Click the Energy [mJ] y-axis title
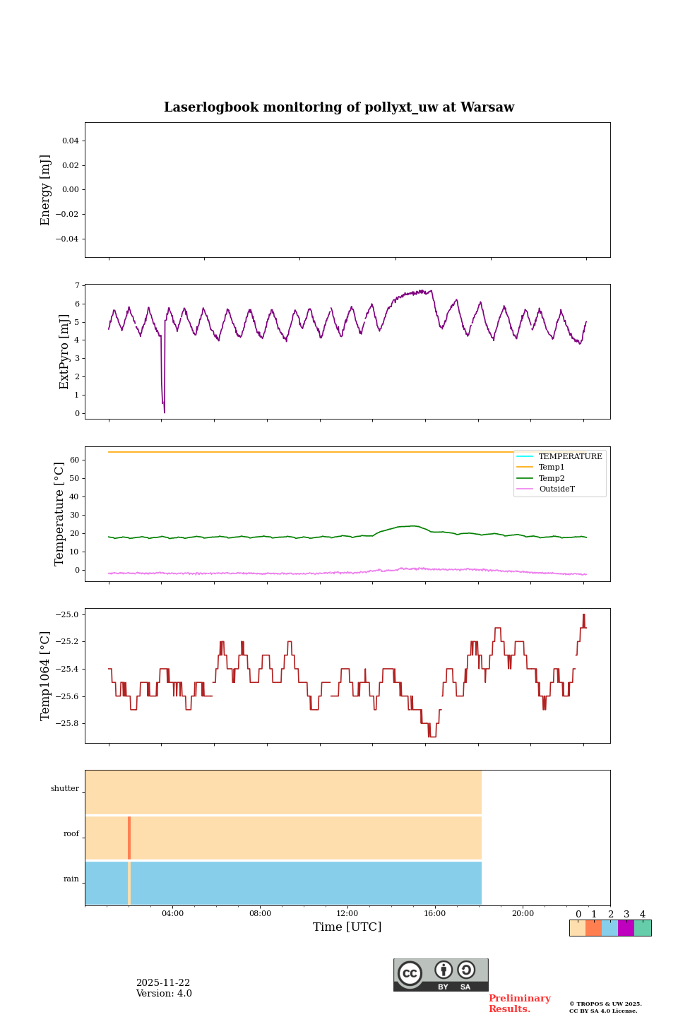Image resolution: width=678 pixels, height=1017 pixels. [46, 190]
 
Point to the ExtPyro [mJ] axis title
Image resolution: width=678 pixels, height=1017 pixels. [64, 352]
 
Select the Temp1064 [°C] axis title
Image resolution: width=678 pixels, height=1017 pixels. [46, 676]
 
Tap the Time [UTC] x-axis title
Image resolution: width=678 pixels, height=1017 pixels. [347, 927]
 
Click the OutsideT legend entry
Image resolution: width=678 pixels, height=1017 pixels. [557, 489]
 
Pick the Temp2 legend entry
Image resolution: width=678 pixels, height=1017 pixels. [552, 478]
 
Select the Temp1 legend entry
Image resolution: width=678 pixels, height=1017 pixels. [552, 468]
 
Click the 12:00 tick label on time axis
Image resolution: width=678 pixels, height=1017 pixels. [347, 914]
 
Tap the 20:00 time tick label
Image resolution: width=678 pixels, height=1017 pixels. [523, 914]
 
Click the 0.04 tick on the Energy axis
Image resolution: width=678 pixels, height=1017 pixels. [70, 141]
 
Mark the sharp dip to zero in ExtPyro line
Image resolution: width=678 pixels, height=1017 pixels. [164, 411]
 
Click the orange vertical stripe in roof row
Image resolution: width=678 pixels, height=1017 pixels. [129, 838]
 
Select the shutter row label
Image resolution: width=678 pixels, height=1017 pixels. [65, 789]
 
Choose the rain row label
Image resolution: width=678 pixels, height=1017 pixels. [71, 879]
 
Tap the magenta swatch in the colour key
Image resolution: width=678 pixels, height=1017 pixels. [626, 928]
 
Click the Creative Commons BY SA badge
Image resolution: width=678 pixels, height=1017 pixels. [441, 975]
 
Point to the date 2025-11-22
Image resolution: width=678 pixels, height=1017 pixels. [163, 983]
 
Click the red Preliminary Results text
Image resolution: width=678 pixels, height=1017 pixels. [519, 1004]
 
